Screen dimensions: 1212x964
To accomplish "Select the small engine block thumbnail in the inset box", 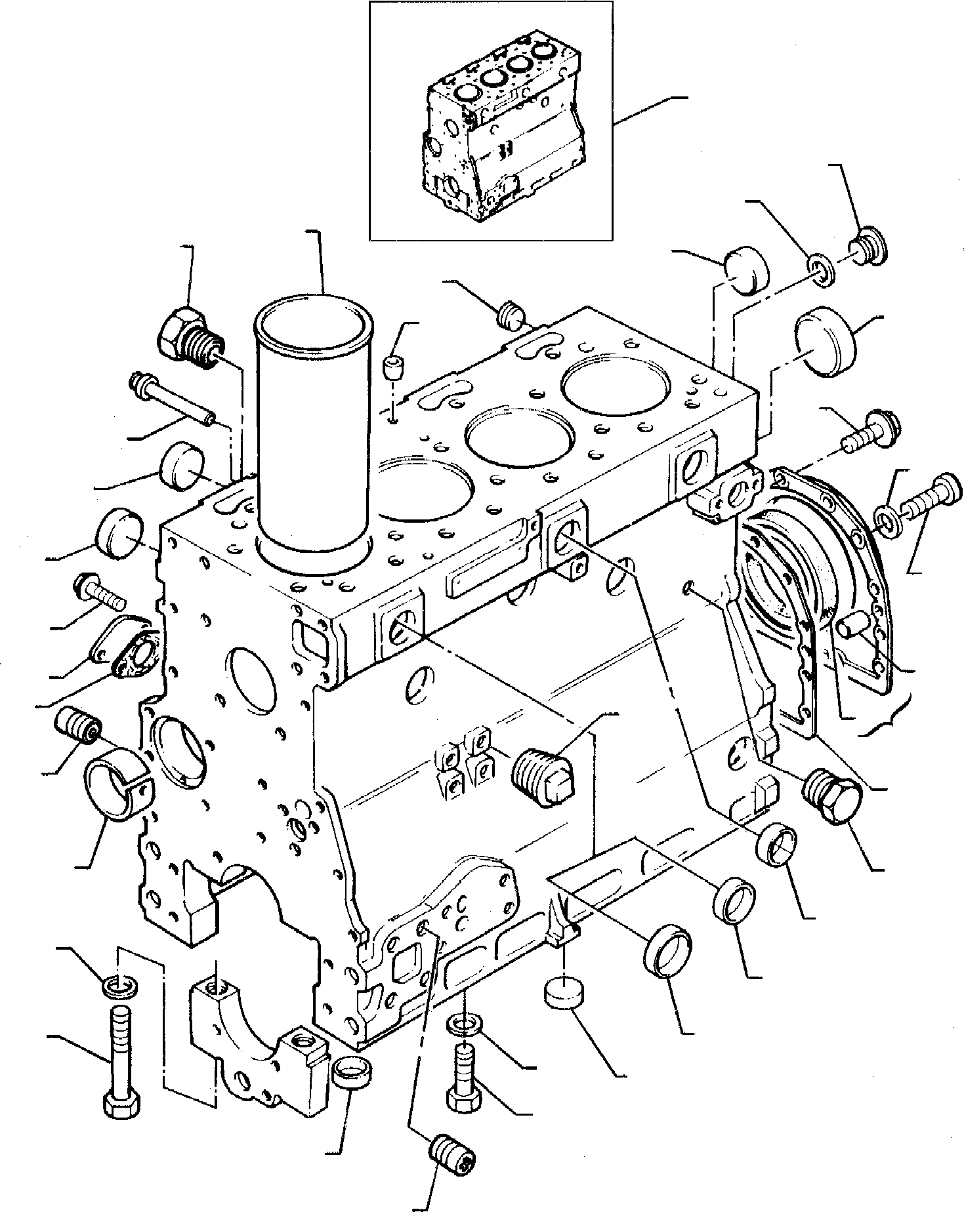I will [x=499, y=125].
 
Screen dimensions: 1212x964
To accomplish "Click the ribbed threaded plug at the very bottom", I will [x=453, y=1158].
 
